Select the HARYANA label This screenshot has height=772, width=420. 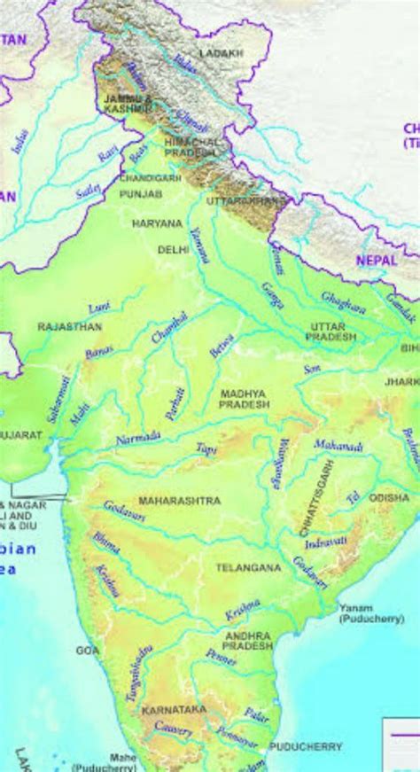[x=156, y=224]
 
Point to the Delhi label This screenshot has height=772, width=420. [x=173, y=250]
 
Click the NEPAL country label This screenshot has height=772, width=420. [x=377, y=260]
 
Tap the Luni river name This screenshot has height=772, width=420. [x=99, y=307]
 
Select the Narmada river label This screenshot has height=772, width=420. [x=137, y=438]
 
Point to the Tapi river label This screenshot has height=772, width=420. [x=206, y=448]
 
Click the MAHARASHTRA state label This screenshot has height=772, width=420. [x=179, y=501]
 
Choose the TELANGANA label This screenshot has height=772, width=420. [x=248, y=566]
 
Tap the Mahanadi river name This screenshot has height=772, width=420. [x=338, y=448]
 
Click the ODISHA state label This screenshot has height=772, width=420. [x=389, y=498]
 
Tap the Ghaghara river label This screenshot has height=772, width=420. [x=342, y=303]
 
